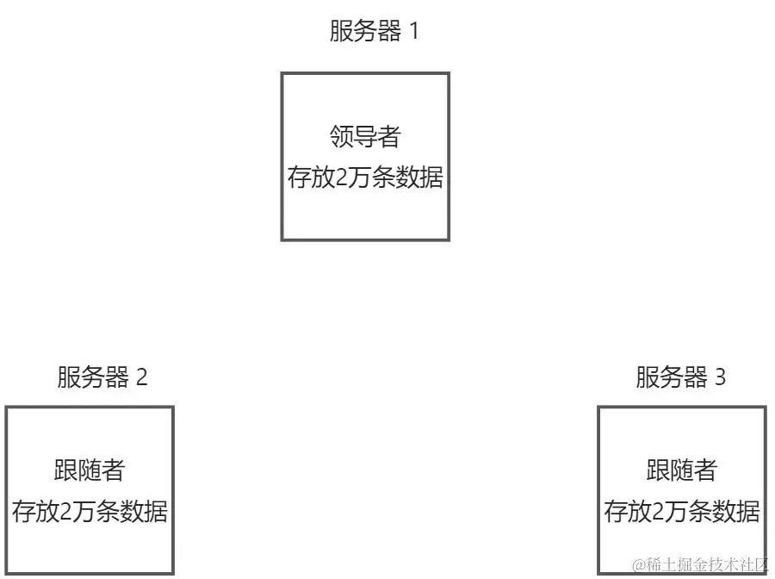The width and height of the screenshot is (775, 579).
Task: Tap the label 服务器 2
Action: tap(102, 377)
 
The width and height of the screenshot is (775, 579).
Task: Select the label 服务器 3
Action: tap(680, 377)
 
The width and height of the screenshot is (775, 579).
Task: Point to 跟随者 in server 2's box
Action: tap(90, 470)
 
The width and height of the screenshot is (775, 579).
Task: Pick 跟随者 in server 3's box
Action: tap(681, 470)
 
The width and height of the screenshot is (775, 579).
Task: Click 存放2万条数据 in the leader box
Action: tap(365, 178)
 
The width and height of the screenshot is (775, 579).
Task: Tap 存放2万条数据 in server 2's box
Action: tap(90, 512)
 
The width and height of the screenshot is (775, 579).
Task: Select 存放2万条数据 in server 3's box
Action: tap(682, 512)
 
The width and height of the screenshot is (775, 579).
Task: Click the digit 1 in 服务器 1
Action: tap(413, 33)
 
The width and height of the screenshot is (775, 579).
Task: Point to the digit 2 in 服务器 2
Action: tap(142, 377)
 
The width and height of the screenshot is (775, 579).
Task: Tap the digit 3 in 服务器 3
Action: tap(720, 377)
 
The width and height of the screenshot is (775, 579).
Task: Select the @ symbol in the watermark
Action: tap(639, 565)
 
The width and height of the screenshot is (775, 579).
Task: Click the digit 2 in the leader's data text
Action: tap(338, 178)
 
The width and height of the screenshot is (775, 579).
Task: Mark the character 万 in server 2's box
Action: tap(83, 512)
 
